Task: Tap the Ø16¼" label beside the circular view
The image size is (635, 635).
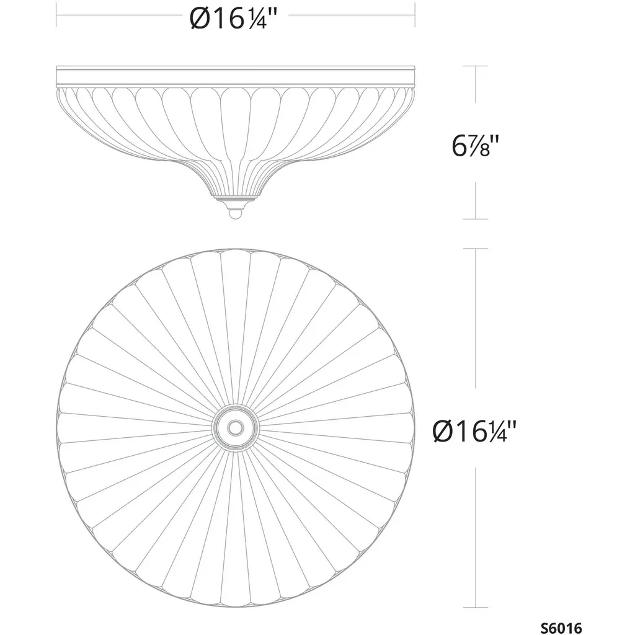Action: click(474, 431)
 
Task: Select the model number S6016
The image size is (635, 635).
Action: click(561, 628)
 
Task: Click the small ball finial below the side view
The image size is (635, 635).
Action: click(235, 213)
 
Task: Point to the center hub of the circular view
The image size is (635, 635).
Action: click(235, 427)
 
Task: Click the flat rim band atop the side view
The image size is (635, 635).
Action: click(235, 76)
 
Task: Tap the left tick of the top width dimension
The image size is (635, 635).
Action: click(56, 16)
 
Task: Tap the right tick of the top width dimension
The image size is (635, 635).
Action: click(415, 16)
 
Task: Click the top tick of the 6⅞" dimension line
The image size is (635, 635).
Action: click(476, 66)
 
